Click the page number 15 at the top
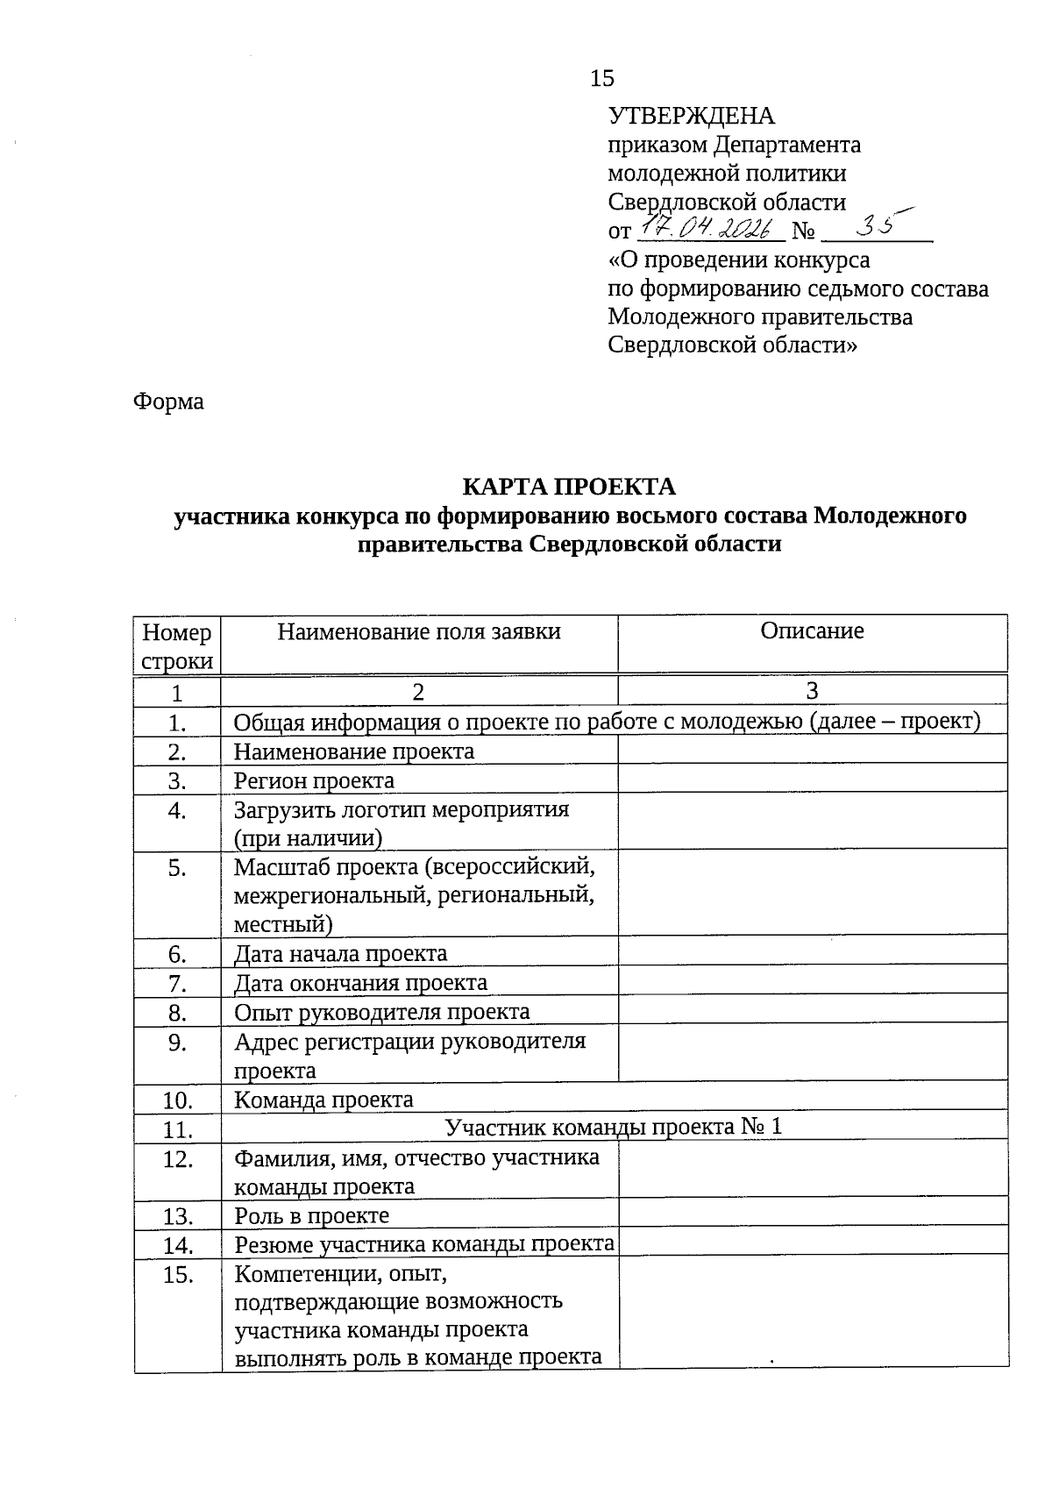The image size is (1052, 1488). coord(602,79)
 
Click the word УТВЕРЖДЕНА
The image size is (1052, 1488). coord(692,116)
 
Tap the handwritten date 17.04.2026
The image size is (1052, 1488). coord(709,229)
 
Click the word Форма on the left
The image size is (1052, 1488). coord(168,402)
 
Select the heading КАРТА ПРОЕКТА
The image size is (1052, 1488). coord(569,487)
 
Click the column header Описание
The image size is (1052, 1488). coord(812,631)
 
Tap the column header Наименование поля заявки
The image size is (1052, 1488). coord(419,631)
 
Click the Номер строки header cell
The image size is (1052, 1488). coord(177,645)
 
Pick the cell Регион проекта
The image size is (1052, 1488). coord(314,780)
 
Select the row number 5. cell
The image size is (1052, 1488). coord(177,868)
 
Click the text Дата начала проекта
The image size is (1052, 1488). coord(340,953)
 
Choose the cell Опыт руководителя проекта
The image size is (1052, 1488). coord(381,1012)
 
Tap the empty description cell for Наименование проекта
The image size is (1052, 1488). coord(812,751)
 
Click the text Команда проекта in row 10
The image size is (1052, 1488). coord(323,1100)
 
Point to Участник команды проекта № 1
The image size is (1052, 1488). coord(613,1127)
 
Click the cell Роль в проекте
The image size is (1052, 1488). coord(311,1215)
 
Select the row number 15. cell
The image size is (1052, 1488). coord(177,1275)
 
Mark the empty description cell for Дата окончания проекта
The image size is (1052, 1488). coord(812,982)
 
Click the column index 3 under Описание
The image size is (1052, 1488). coord(812,691)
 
